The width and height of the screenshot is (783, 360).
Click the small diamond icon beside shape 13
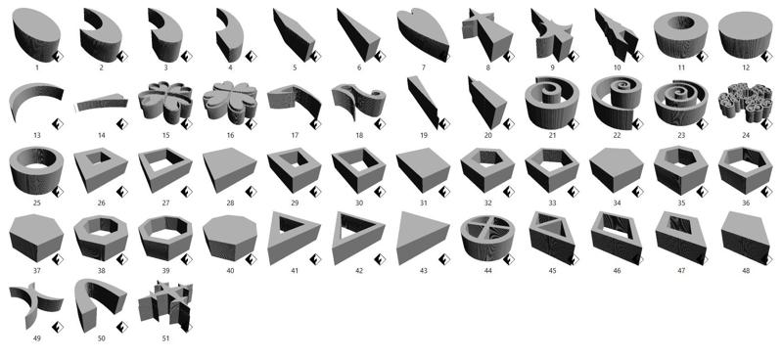coord(58,124)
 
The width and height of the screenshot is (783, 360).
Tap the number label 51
coord(165,338)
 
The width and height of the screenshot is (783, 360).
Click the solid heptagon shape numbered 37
coord(36,237)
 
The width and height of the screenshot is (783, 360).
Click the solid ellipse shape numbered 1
coord(36,34)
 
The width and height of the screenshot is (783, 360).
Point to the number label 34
coord(617,202)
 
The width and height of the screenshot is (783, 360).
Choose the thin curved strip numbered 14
coord(101,103)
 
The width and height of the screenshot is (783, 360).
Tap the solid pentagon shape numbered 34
coord(617,169)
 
